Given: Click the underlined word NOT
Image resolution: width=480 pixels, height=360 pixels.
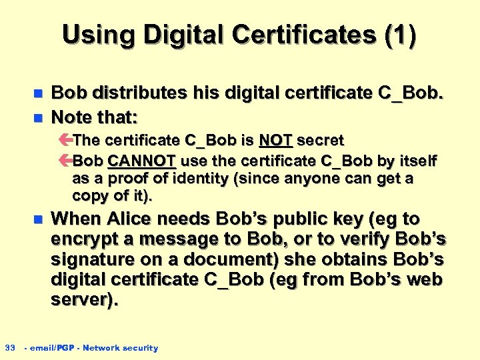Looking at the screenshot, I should coord(275,141).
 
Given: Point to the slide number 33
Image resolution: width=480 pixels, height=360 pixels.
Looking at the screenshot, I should coord(10,347).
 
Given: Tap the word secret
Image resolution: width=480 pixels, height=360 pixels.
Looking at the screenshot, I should coord(320,141).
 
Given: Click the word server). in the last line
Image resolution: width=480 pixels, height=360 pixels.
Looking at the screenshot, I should coord(85,299).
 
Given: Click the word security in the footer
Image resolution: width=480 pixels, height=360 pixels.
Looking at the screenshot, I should coord(141,347).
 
